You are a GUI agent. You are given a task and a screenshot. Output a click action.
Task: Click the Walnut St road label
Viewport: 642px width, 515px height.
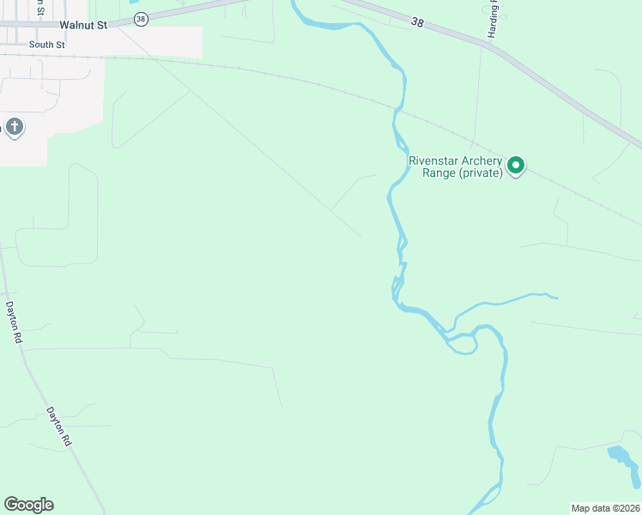pos(83,25)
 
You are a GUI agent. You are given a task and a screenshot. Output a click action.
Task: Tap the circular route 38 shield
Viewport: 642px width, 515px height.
pos(141,18)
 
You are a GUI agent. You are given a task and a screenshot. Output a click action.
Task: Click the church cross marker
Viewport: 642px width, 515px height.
pos(14,128)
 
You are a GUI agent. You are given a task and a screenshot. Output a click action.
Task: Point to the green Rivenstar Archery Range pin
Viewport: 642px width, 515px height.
pos(516,164)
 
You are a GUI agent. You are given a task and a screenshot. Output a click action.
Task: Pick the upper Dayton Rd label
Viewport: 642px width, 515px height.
pos(14,321)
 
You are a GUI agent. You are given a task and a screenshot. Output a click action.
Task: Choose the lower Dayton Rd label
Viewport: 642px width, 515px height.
pos(59,427)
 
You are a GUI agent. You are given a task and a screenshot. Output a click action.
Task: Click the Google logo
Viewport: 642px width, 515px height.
pos(28,505)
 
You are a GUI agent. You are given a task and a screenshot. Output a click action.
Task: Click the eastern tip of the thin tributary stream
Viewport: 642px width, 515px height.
pos(557,298)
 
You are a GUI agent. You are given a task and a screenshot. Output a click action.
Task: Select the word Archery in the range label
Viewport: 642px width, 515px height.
pos(481,160)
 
